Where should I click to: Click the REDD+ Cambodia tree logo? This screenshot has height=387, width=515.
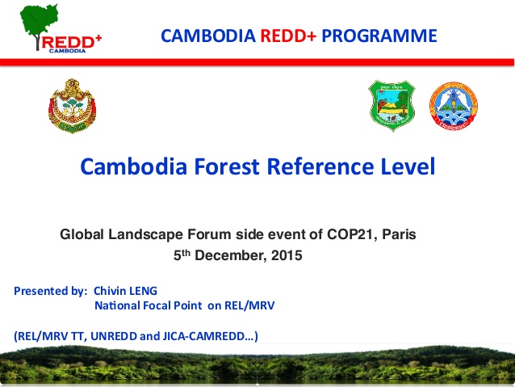61,28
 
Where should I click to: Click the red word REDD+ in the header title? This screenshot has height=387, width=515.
288,36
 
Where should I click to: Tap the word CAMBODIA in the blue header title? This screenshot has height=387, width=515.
208,36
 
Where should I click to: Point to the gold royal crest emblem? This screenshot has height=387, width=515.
73,106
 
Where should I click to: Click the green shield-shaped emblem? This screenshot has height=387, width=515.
391,106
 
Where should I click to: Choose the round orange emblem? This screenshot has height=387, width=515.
454,106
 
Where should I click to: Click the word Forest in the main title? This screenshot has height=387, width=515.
227,166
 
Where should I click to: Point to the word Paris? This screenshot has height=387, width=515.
399,234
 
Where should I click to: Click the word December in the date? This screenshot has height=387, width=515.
231,256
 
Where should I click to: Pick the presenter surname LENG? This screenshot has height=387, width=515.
144,291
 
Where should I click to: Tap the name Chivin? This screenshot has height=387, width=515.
110,291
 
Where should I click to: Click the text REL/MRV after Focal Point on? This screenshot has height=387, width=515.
249,305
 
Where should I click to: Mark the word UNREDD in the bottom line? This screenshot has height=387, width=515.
114,336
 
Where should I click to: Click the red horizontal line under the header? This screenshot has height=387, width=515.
257,62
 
